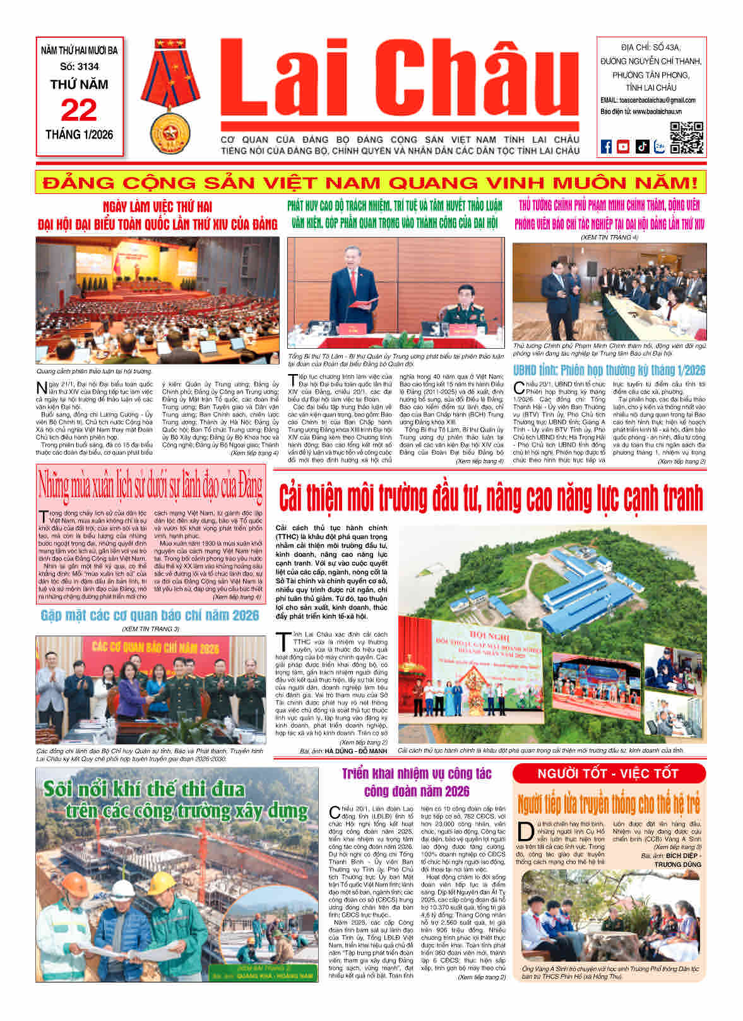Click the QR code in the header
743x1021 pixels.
point(687,138)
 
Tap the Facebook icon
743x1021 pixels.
point(606,147)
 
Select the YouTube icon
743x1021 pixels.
point(623,147)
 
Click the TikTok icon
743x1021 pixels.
point(641,147)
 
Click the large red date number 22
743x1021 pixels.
point(79,111)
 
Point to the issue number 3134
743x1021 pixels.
point(80,66)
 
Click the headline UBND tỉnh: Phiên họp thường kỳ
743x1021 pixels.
point(609,370)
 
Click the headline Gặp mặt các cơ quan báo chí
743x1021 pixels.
point(150,615)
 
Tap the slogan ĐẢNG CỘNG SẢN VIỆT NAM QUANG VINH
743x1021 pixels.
point(371,183)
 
